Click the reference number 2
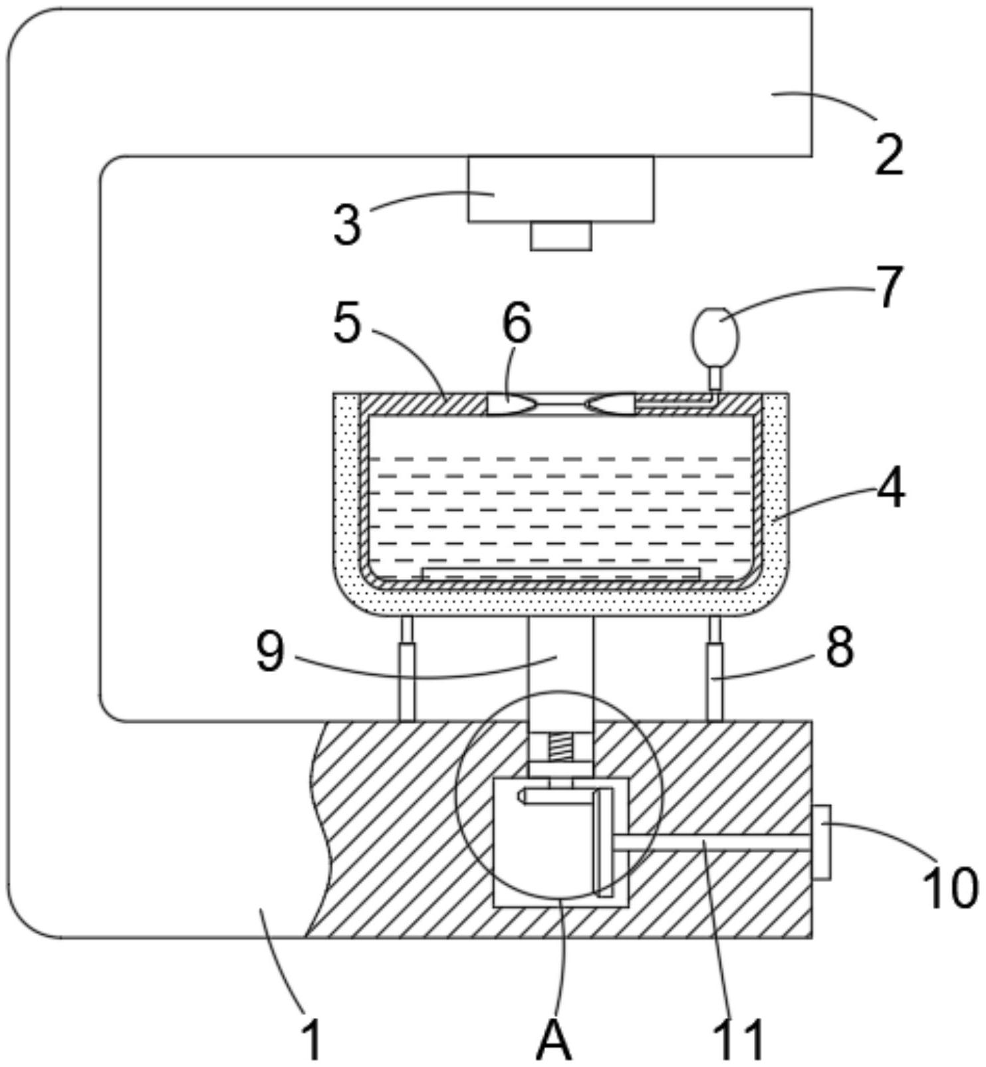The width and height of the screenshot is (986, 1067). [890, 156]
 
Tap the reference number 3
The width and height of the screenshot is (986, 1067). [348, 224]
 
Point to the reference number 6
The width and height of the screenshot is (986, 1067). [517, 323]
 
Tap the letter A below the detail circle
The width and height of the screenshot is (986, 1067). [553, 1040]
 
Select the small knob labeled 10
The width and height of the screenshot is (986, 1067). [821, 842]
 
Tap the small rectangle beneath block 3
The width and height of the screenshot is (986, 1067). [560, 236]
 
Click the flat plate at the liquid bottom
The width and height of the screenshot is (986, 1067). [560, 572]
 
